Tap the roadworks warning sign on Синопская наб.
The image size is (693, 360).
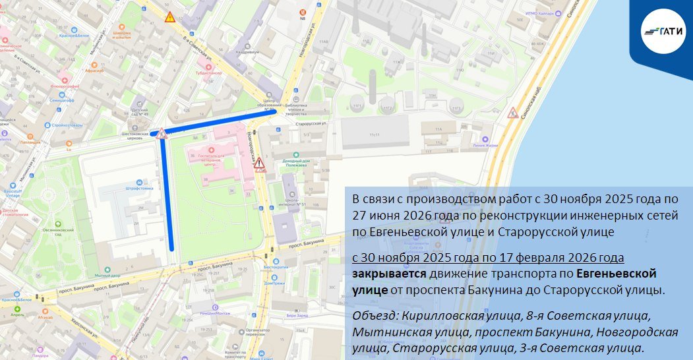tap(512, 113)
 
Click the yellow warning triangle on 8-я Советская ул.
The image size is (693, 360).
tap(170, 18)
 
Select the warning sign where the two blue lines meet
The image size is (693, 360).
tap(162, 134)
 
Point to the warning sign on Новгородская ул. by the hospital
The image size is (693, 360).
tap(260, 163)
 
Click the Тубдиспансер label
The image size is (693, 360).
tap(211, 74)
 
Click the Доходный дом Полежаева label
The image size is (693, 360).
tap(295, 163)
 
